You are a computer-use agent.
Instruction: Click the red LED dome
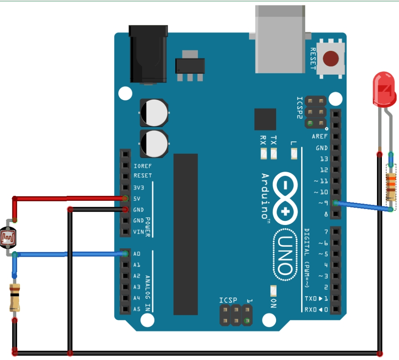pos(384,88)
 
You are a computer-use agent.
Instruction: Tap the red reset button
pos(331,59)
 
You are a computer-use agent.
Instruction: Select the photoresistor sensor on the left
pos(9,237)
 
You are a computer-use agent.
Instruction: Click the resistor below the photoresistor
pos(15,297)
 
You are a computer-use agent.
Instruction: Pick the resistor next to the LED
pos(391,187)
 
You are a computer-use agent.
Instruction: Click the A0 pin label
pos(137,254)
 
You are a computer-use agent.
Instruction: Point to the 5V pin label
pos(137,198)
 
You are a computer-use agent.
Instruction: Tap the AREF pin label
pos(319,136)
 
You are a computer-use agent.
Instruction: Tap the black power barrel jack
pos(147,54)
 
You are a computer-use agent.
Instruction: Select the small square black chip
pos(265,119)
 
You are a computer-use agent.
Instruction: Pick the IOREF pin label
pos(142,165)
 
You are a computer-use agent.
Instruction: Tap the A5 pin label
pos(137,309)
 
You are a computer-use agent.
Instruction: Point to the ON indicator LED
pos(273,290)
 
